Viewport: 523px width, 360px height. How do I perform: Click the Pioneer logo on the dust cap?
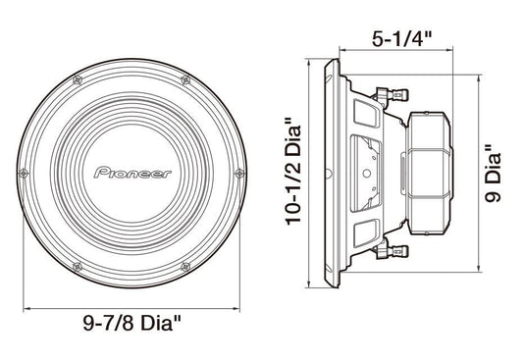tap(132, 173)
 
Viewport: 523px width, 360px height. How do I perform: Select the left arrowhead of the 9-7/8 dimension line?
tap(26, 307)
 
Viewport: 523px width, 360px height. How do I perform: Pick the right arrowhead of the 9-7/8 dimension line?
tap(241, 307)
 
